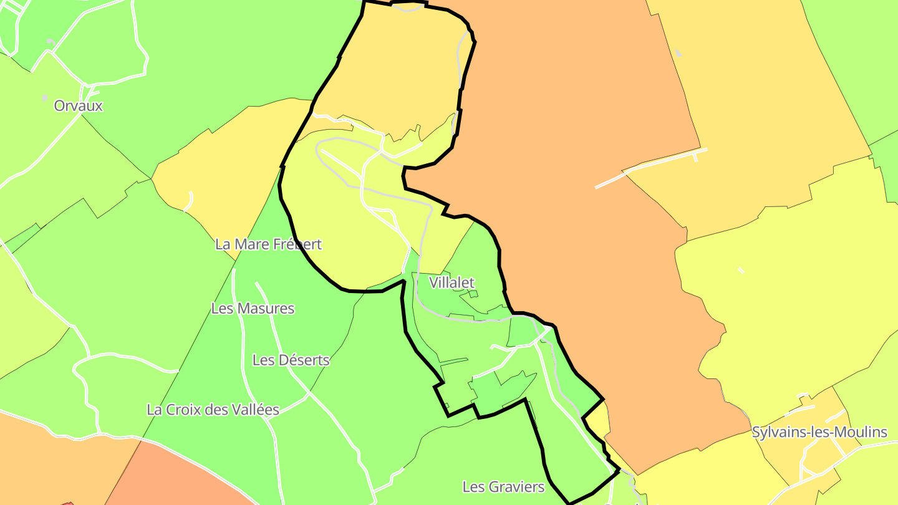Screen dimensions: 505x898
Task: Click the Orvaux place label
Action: click(78, 105)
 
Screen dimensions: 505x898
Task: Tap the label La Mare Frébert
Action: click(268, 244)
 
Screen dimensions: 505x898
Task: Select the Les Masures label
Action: click(253, 308)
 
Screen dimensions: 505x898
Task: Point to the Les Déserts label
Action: click(291, 360)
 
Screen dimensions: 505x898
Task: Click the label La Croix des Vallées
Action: click(213, 410)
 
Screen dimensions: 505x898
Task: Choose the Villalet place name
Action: click(452, 282)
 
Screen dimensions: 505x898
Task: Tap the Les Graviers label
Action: click(503, 486)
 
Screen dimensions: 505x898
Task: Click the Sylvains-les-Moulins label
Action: click(819, 432)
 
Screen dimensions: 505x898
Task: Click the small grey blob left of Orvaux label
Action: click(44, 98)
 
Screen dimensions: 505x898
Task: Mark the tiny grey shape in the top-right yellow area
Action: click(678, 54)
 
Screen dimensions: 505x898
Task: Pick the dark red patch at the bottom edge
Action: click(67, 503)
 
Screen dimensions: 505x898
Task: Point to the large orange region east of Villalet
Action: click(592, 249)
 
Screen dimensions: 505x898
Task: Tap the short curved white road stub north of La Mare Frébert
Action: click(190, 201)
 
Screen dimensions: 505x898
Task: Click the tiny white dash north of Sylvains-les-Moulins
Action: click(741, 270)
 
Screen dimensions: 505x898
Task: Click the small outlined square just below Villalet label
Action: click(473, 294)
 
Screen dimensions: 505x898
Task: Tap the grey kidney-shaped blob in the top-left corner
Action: click(51, 41)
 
